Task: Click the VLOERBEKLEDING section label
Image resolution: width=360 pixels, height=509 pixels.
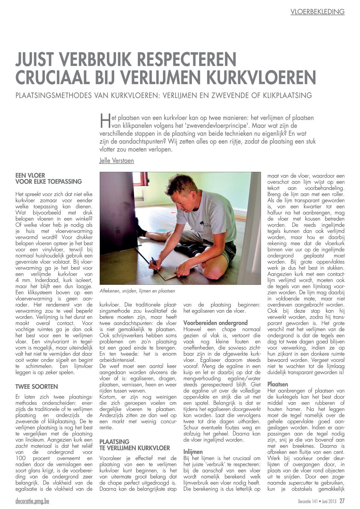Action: [x=317, y=12]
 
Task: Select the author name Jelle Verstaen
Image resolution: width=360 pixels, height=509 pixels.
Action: [x=116, y=160]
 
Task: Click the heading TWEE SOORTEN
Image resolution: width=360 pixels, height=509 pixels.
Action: [x=37, y=387]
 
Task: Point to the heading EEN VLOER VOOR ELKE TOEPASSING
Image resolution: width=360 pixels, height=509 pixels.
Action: [x=49, y=179]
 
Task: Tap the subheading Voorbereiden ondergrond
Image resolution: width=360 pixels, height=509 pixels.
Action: [x=215, y=323]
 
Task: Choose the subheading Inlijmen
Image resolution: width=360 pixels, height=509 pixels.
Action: [x=193, y=452]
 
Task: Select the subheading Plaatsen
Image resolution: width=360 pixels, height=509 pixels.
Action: [x=278, y=384]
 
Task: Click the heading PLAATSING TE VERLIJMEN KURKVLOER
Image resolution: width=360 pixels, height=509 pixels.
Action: [x=134, y=444]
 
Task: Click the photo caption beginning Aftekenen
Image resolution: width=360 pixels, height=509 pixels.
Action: [x=137, y=291]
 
